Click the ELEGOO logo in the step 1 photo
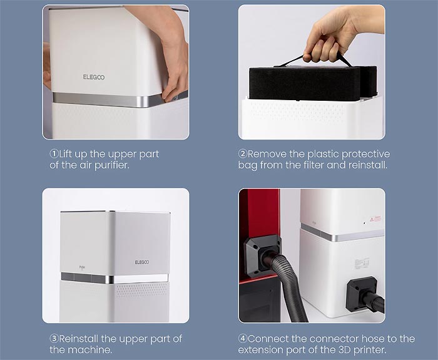pyautogui.click(x=94, y=77)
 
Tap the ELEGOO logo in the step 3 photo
pyautogui.click(x=142, y=262)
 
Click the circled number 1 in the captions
pyautogui.click(x=54, y=153)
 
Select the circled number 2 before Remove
pyautogui.click(x=243, y=153)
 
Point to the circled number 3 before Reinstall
pyautogui.click(x=54, y=339)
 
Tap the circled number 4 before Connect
pyautogui.click(x=243, y=339)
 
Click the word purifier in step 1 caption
pyautogui.click(x=112, y=165)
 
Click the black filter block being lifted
pyautogui.click(x=313, y=83)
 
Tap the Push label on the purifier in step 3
pyautogui.click(x=82, y=267)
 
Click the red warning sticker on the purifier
pyautogui.click(x=375, y=219)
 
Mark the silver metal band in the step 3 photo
pyautogui.click(x=115, y=279)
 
